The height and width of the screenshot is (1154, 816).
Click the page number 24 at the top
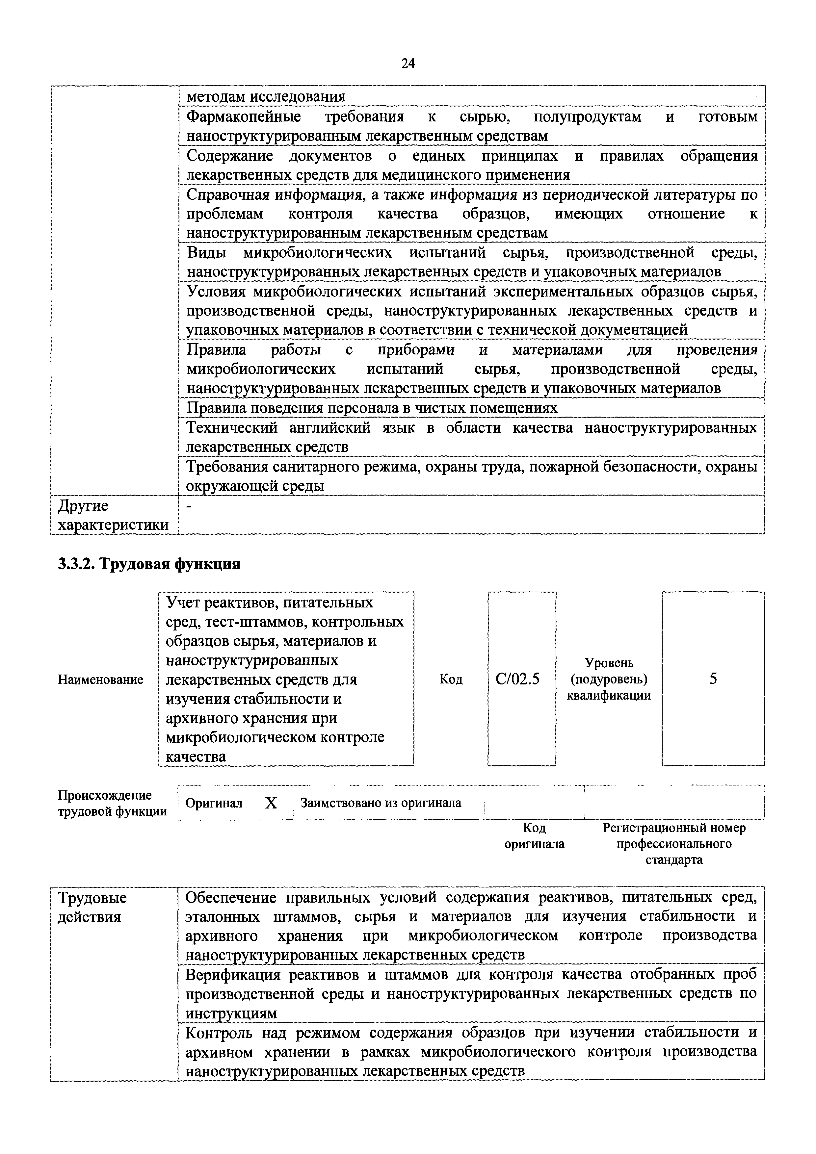pos(408,63)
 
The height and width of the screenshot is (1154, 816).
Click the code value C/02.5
pos(517,680)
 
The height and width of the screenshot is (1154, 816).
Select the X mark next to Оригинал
pos(271,803)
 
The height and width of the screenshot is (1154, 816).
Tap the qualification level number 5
pos(713,680)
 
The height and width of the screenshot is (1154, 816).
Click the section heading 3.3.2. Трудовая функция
pos(149,564)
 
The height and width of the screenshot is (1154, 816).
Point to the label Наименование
pos(100,680)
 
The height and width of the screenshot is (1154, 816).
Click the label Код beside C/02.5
pos(451,680)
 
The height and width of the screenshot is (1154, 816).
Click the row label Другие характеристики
pos(113,515)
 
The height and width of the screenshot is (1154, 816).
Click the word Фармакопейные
pos(244,117)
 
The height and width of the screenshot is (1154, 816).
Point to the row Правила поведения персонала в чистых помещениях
pos(372,408)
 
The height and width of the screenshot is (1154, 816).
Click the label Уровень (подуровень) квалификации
pos(609,680)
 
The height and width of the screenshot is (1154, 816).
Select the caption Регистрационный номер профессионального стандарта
pos(674,844)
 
